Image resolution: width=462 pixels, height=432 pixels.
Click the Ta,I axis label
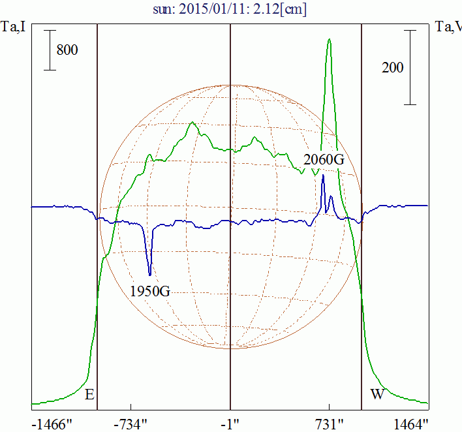[14, 27]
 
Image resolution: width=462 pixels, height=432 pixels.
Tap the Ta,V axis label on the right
[448, 27]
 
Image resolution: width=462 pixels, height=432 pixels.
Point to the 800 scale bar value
[67, 50]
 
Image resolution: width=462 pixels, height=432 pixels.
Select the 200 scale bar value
[392, 67]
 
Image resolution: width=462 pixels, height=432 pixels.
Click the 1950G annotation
[150, 290]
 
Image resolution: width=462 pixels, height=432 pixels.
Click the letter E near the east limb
[90, 394]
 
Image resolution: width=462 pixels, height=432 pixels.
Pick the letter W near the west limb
[377, 394]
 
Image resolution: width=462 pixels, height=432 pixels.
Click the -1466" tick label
[52, 424]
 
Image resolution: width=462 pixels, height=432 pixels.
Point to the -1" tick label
[230, 424]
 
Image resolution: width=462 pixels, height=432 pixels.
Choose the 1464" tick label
[411, 424]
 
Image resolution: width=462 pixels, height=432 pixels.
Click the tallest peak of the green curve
[329, 40]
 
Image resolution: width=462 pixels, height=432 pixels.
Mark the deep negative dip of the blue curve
[150, 273]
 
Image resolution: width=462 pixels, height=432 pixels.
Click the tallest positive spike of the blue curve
[323, 176]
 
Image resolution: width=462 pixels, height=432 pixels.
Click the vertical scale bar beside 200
[410, 67]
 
